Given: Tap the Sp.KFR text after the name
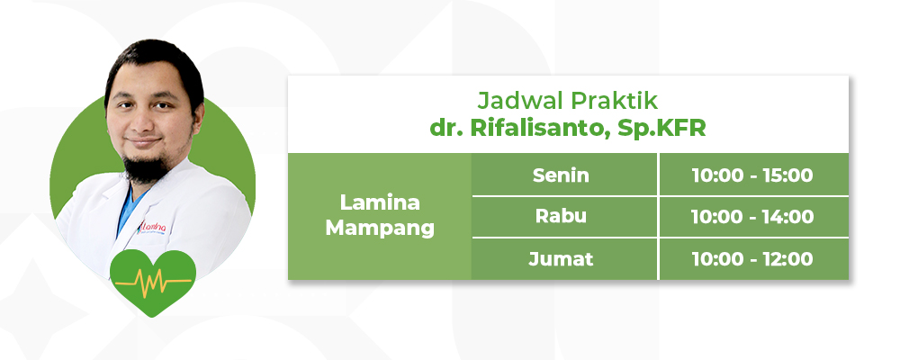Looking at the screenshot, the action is click(661, 129).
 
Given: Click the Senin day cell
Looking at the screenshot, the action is click(563, 175).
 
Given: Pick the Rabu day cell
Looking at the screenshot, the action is click(563, 217).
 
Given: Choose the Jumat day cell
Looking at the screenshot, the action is click(563, 259).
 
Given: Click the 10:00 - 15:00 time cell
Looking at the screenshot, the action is click(753, 175).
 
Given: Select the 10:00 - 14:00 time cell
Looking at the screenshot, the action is click(753, 217).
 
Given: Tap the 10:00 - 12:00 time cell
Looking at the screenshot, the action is click(753, 259).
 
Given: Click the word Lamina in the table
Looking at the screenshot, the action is click(380, 202).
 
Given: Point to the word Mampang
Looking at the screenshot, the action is click(380, 229).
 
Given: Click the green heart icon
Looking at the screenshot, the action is click(153, 283).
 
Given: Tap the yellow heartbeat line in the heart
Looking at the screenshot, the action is click(153, 283).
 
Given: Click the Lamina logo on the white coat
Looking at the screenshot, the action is click(153, 228).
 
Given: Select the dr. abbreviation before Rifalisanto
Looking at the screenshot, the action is click(446, 129).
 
